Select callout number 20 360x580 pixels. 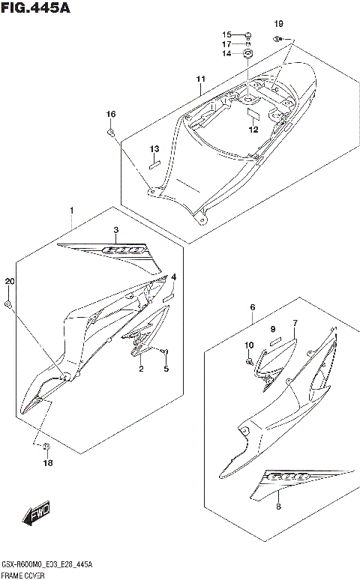coord(9,282)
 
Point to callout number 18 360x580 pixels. coord(48,463)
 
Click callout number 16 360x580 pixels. coord(110,114)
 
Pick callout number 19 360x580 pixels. coord(279,24)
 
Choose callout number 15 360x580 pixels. coord(226,35)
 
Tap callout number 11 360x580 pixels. coord(200,79)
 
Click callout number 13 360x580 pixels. coord(154,148)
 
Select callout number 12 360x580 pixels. coord(253,130)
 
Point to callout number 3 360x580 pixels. coord(115,229)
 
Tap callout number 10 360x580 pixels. coord(248,345)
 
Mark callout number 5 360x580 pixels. coord(166,369)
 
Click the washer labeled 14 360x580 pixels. coord(249,55)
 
